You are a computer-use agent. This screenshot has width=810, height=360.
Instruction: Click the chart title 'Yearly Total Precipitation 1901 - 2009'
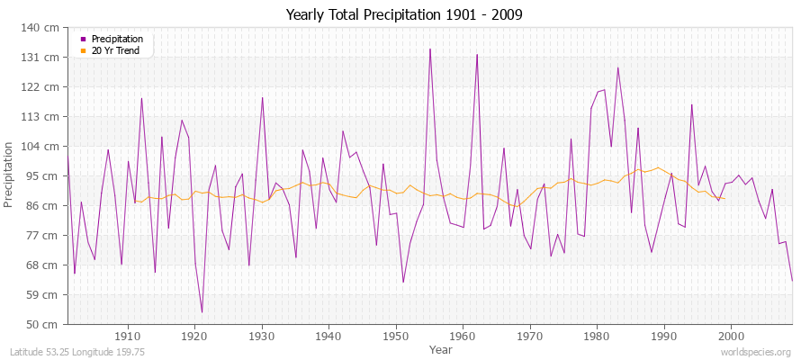pyautogui.click(x=404, y=14)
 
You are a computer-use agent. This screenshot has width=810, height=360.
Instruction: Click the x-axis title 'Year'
pyautogui.click(x=441, y=348)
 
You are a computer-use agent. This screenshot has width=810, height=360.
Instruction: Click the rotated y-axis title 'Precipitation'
pyautogui.click(x=10, y=175)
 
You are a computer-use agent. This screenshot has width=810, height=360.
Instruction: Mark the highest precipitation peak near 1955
pyautogui.click(x=429, y=49)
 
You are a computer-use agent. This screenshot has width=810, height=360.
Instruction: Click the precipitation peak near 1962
pyautogui.click(x=476, y=55)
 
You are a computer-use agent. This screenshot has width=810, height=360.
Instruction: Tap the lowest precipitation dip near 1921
pyautogui.click(x=202, y=312)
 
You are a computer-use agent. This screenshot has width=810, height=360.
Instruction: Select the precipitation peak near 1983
pyautogui.click(x=617, y=67)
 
